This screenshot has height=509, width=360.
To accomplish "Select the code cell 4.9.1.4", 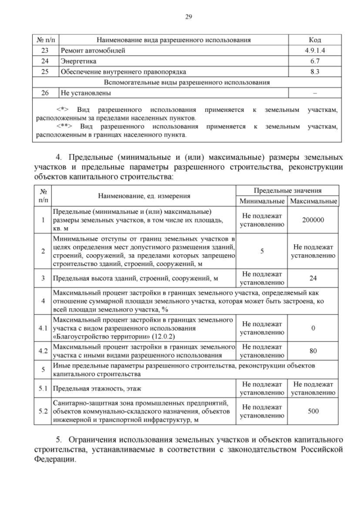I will (x=314, y=51).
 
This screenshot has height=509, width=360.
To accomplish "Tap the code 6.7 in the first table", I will (x=314, y=61).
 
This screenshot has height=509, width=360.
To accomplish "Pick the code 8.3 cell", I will (x=314, y=72).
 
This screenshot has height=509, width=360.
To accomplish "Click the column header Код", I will (x=314, y=40).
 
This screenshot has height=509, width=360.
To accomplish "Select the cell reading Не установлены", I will (x=85, y=93).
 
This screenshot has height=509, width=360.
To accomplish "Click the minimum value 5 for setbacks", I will (x=262, y=251).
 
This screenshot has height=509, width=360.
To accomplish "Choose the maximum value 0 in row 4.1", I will (x=313, y=328).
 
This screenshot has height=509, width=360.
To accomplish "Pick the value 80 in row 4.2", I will (x=313, y=351).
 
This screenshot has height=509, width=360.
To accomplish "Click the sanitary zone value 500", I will (x=313, y=411).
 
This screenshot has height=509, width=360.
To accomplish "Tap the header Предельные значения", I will (x=287, y=191).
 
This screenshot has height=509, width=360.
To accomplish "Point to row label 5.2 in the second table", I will (x=43, y=411).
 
